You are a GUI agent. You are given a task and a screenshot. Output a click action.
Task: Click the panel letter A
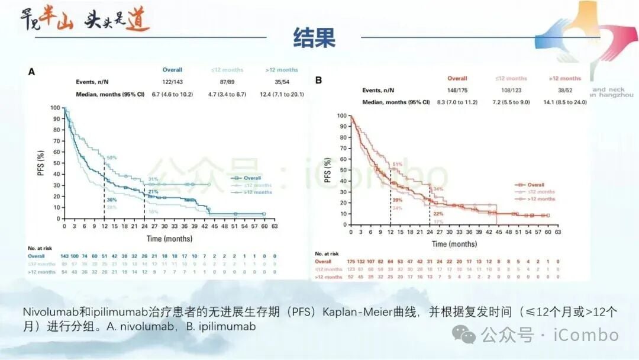[x=31, y=72]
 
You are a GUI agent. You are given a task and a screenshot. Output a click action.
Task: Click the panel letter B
[x=318, y=79]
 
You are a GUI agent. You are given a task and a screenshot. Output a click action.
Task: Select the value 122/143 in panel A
[x=172, y=82]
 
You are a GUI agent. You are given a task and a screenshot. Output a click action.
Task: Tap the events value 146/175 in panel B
[x=457, y=90]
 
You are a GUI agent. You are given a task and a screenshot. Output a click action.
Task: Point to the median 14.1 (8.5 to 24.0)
[x=565, y=102]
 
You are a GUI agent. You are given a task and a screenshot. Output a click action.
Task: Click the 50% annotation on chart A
[x=111, y=157]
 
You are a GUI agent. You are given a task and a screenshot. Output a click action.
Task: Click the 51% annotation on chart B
[x=398, y=164]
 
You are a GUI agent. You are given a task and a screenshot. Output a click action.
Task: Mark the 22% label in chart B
[x=438, y=214]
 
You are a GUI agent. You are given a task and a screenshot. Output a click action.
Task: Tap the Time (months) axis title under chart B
[x=454, y=244]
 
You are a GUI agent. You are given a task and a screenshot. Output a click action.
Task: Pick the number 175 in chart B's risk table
[x=351, y=261]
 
